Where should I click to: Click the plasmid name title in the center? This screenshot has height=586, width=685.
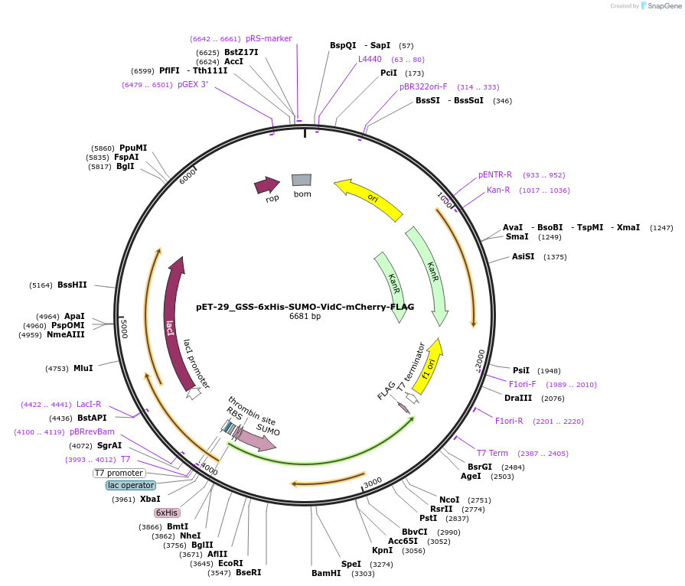[305, 307]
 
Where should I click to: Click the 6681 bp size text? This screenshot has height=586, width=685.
[305, 317]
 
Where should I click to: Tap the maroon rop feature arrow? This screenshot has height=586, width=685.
[267, 185]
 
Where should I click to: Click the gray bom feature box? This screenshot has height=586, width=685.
[302, 181]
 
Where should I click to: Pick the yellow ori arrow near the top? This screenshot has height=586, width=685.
[369, 198]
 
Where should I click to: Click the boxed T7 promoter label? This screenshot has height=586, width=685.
[119, 473]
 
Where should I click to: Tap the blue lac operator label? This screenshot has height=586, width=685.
[131, 485]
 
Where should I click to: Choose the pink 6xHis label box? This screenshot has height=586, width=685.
[166, 513]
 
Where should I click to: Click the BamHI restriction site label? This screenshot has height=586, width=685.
[326, 573]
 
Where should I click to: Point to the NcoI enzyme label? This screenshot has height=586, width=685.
[449, 500]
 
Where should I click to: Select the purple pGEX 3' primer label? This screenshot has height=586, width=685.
[192, 85]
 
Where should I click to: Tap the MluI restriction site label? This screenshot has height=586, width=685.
[83, 368]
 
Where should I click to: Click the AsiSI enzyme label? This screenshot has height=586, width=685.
[524, 257]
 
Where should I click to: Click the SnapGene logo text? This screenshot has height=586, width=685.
[662, 6]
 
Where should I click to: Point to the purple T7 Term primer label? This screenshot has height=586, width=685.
[492, 453]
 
